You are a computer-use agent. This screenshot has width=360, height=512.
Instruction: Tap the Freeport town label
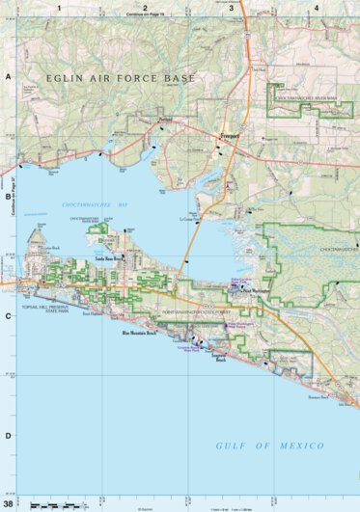(229, 137)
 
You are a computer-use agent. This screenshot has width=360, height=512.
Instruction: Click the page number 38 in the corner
(9, 503)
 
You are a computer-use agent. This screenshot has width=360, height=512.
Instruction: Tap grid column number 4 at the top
(316, 8)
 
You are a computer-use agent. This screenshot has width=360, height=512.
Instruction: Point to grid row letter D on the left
(8, 435)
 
